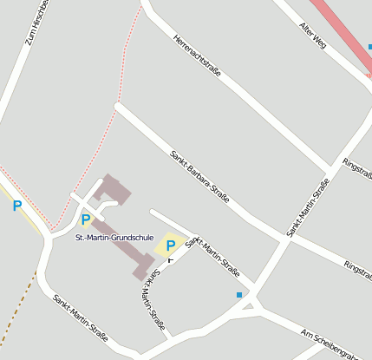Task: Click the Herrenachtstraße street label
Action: (x=197, y=56)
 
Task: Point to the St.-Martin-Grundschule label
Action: (x=114, y=237)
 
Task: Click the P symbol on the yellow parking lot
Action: (x=171, y=245)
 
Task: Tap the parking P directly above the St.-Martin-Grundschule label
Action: (x=86, y=219)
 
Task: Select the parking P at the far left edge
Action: (x=16, y=206)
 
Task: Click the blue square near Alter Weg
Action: (x=369, y=47)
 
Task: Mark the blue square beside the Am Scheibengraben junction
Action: (x=239, y=295)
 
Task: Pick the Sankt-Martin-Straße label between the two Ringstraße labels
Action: (x=309, y=207)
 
